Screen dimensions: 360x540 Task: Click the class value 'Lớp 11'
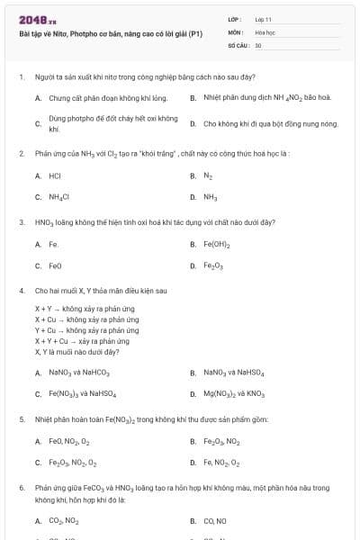(263, 18)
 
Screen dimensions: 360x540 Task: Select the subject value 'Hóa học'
(265, 31)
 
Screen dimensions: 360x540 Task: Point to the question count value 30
(258, 44)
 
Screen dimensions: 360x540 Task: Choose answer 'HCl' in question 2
(55, 176)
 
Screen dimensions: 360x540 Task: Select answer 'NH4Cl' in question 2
(59, 196)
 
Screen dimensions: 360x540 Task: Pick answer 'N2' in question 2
(208, 176)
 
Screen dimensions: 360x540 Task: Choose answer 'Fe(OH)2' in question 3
(217, 244)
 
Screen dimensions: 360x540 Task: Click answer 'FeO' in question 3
(55, 265)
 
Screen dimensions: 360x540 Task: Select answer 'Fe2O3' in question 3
(214, 265)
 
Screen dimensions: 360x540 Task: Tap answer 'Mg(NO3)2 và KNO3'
(234, 393)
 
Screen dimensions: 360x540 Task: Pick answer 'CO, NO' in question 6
(214, 520)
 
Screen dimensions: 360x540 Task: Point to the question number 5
(21, 418)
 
